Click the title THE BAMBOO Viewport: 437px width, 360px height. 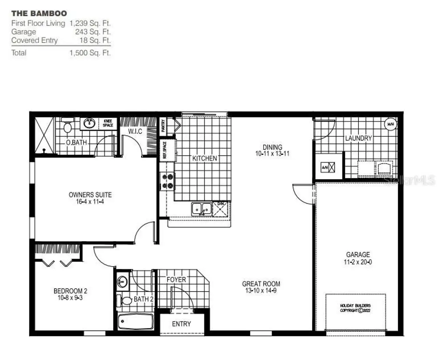click(x=39, y=14)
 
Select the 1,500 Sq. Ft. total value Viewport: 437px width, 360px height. click(x=90, y=53)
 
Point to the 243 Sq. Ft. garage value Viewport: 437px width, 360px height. click(x=93, y=32)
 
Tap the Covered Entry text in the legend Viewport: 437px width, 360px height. click(x=34, y=40)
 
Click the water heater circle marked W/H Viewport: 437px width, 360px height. click(x=391, y=124)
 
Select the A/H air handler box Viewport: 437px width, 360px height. click(x=328, y=167)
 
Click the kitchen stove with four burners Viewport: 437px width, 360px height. click(x=167, y=181)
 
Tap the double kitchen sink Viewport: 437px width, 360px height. click(x=201, y=209)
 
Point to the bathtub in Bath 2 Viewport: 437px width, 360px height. click(x=136, y=321)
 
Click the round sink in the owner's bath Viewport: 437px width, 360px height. click(x=89, y=123)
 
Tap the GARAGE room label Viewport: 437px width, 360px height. click(x=358, y=254)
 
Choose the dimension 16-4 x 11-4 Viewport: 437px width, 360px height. click(x=90, y=202)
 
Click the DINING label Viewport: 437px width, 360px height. click(x=272, y=147)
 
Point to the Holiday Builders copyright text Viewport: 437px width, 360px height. click(x=355, y=308)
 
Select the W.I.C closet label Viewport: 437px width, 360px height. click(x=135, y=131)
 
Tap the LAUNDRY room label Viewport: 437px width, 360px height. click(x=358, y=138)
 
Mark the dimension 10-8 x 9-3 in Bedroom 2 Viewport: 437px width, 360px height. click(x=70, y=298)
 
